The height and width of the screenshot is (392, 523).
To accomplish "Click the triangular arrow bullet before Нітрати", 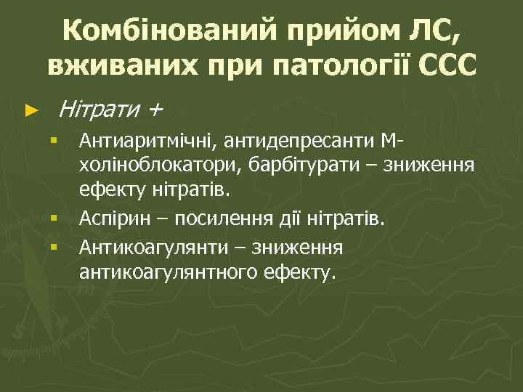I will pos(30,111).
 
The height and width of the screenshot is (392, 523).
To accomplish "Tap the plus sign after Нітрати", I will pos(155,111).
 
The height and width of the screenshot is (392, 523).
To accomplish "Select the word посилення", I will pos(218,219).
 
